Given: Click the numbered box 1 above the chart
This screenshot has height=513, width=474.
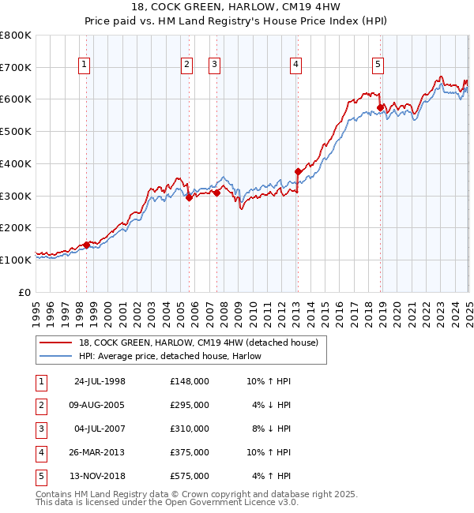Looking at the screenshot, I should (84, 66).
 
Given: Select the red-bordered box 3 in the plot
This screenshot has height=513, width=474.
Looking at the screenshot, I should (214, 66).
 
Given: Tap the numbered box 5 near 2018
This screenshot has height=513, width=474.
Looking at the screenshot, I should (378, 66).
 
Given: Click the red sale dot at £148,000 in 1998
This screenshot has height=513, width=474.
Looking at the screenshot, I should (87, 245).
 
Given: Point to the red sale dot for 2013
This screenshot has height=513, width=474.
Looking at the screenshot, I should (298, 171).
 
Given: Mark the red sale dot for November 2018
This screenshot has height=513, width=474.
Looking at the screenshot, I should (380, 107).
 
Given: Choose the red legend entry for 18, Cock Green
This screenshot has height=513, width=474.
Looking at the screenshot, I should (197, 343).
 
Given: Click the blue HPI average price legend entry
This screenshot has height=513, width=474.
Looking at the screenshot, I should (170, 357).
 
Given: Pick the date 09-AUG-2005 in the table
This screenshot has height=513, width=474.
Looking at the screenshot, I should (100, 405).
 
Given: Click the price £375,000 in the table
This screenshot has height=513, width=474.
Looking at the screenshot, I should (190, 452).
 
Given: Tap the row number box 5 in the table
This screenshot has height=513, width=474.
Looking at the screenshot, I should (40, 476).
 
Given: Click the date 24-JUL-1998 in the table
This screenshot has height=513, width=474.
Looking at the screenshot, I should (100, 381).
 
